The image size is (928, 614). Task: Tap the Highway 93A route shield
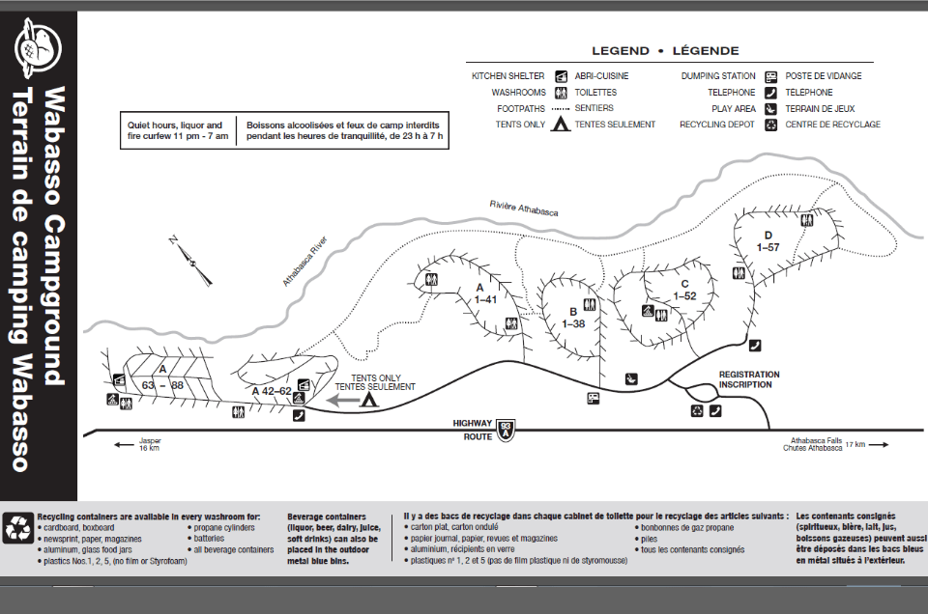504,429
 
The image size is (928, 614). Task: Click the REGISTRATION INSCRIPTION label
749,379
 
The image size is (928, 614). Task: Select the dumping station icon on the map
593,398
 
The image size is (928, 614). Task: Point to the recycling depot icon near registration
697,410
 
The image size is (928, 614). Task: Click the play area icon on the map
630,378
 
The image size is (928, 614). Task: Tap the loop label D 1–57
768,241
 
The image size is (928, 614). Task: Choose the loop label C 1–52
683,290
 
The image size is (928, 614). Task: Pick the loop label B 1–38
573,318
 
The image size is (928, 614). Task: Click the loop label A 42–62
272,391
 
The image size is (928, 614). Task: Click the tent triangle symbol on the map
368,398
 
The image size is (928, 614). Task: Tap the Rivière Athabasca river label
524,208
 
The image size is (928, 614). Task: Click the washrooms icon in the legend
561,93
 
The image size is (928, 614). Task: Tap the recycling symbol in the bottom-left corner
18,527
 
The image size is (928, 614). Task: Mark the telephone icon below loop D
755,345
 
